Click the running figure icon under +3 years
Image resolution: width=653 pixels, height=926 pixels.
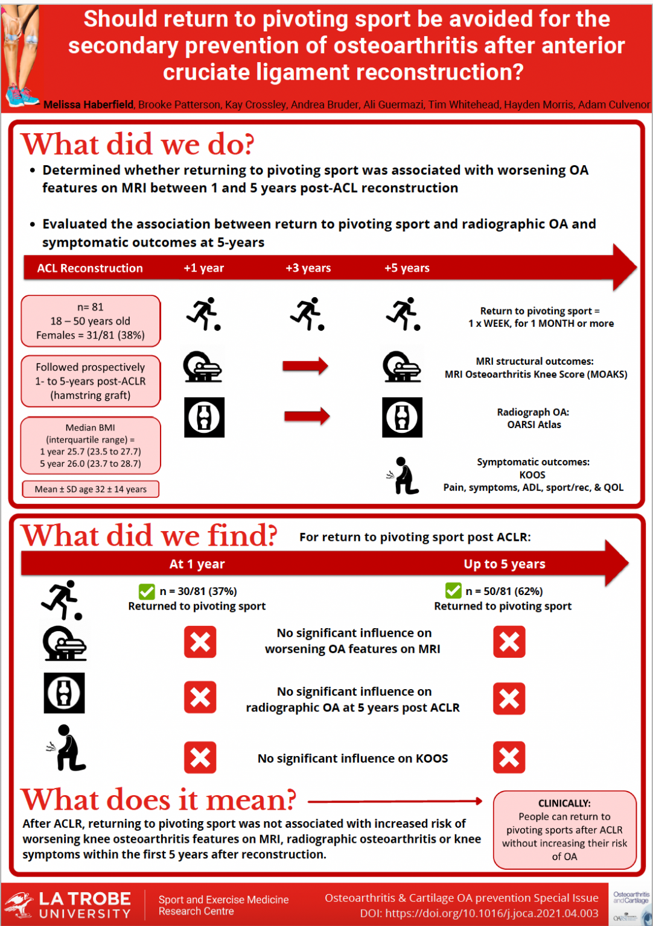click(x=308, y=313)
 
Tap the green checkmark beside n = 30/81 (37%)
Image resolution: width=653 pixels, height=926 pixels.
click(x=147, y=591)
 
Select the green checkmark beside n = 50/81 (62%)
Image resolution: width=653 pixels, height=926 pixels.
click(x=453, y=591)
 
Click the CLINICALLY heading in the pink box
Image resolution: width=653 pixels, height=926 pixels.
click(x=564, y=804)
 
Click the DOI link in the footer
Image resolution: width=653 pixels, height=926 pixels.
click(x=479, y=914)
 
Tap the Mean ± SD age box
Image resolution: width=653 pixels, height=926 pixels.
click(x=91, y=489)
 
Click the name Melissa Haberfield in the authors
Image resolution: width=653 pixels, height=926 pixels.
click(x=89, y=105)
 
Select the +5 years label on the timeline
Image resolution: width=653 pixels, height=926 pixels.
click(x=407, y=268)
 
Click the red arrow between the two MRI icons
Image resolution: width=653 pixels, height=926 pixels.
click(x=305, y=365)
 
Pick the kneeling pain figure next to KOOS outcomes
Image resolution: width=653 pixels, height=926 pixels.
click(x=404, y=476)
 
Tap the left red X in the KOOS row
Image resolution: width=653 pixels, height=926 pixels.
click(x=200, y=758)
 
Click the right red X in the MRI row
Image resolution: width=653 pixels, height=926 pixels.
click(x=509, y=641)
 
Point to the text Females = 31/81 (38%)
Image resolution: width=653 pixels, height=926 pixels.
click(x=91, y=335)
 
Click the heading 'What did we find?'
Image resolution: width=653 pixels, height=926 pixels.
click(x=149, y=535)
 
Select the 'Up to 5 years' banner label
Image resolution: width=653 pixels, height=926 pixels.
click(x=505, y=564)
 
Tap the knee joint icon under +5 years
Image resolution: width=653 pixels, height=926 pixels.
click(x=402, y=417)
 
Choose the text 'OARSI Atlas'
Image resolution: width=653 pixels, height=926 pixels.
click(x=534, y=425)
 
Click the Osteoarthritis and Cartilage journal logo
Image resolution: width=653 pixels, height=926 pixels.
click(x=631, y=904)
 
